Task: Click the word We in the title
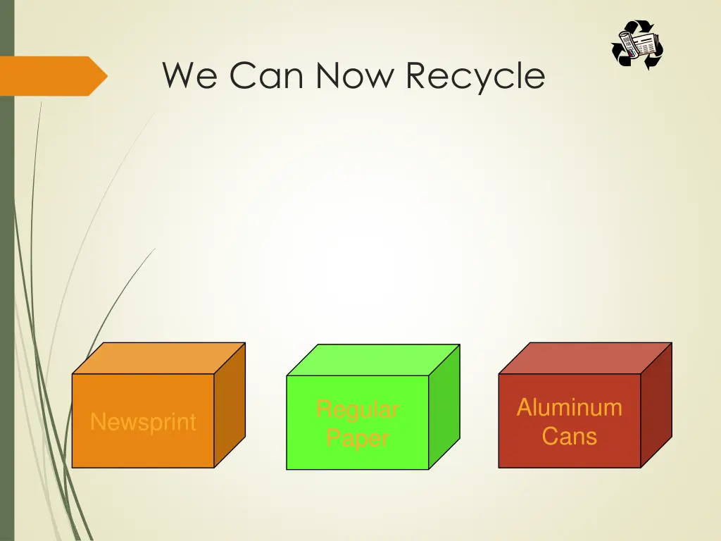tap(189, 75)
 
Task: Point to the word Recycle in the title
tap(475, 77)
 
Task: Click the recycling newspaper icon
tap(637, 45)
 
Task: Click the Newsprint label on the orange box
tap(143, 422)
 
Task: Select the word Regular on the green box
tap(357, 409)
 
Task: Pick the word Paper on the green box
tap(357, 438)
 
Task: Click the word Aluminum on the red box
tap(570, 407)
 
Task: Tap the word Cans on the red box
tap(570, 436)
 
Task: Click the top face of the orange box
tap(159, 358)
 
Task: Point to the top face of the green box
tap(373, 360)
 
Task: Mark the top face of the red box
tap(585, 358)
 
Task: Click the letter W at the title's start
tap(178, 75)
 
